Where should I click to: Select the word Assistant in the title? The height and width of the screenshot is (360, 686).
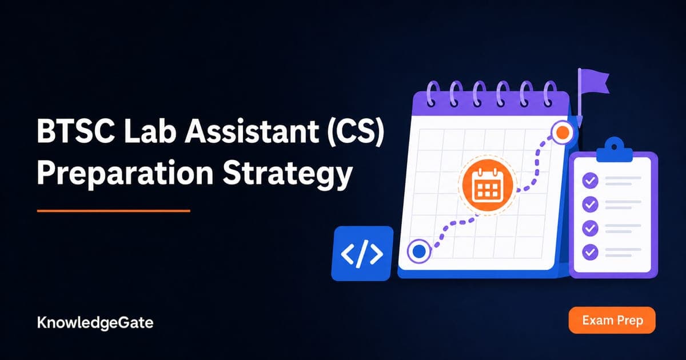251,131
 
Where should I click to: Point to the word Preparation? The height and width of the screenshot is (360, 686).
125,173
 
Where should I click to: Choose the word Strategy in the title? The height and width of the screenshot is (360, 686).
287,174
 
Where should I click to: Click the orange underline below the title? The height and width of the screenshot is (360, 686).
114,211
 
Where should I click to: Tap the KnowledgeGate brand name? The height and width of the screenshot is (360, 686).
95,323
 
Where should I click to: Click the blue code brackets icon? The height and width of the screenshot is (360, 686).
362,254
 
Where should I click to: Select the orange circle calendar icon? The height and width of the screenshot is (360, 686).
488,185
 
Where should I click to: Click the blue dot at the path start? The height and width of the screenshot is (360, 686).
419,251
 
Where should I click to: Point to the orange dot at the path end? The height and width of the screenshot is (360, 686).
563,132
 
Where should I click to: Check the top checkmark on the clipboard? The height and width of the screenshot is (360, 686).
590,181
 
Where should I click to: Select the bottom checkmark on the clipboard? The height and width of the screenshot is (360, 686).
590,252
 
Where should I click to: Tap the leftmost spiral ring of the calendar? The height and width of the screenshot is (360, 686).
432,93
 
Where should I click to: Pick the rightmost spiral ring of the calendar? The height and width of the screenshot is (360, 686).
551,93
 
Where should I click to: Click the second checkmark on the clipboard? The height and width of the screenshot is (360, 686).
590,204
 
